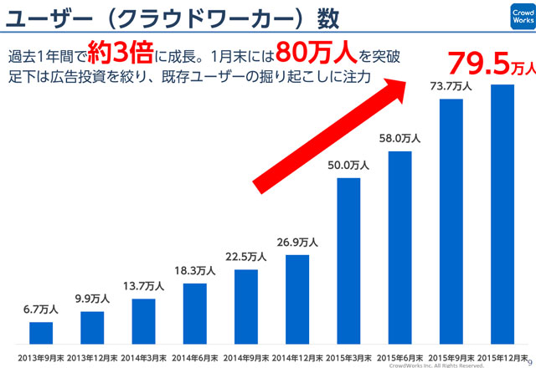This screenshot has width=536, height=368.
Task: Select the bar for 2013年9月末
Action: click(x=41, y=333)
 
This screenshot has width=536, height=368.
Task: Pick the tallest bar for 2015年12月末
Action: click(x=502, y=214)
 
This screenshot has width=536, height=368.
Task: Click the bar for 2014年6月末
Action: click(x=195, y=314)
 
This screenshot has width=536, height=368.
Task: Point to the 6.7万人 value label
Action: click(x=41, y=309)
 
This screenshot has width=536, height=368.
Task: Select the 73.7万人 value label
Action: click(x=451, y=86)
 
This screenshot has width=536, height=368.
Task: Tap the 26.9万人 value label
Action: click(x=297, y=242)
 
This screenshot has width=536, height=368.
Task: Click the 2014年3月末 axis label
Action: click(x=143, y=358)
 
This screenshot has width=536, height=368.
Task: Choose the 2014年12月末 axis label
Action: click(x=297, y=358)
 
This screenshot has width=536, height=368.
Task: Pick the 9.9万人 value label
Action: click(x=92, y=299)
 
